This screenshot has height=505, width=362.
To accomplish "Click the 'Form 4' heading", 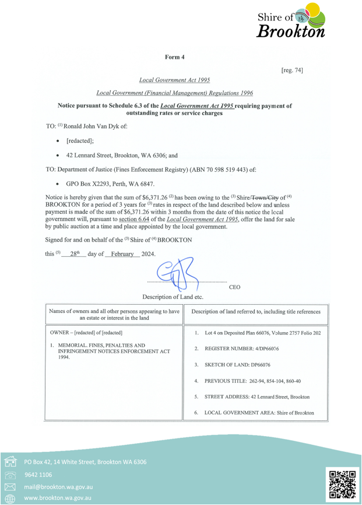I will (x=174, y=57).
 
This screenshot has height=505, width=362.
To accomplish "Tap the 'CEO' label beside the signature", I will (x=235, y=287).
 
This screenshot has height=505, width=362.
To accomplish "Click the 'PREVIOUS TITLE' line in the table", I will (x=258, y=382).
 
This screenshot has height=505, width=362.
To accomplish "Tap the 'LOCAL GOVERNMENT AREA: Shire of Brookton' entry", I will (x=260, y=413).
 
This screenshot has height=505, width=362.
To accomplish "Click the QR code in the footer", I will (x=343, y=484).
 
